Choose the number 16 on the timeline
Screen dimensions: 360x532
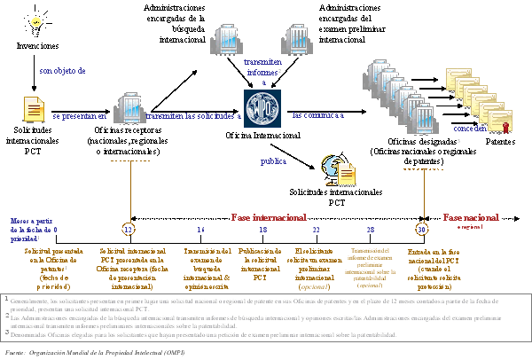(200, 229)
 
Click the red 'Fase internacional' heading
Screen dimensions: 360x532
(270, 216)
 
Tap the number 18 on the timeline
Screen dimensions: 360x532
(260, 229)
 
